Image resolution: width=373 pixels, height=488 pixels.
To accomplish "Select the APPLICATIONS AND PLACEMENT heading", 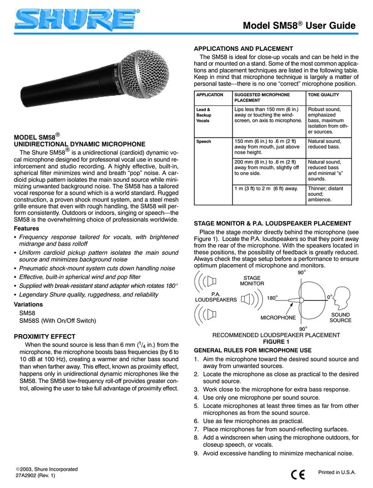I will [x=243, y=48].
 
